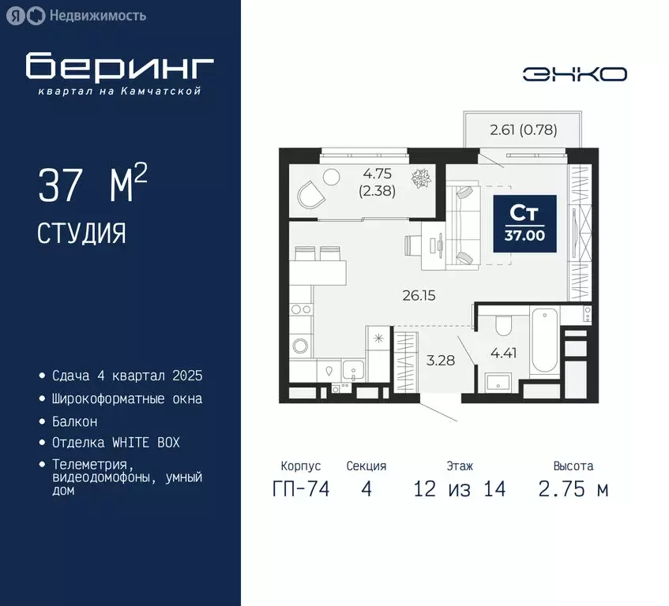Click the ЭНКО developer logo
[x=575, y=73]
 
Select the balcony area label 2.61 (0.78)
[x=524, y=130]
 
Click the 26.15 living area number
[x=419, y=296]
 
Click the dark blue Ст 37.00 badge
[x=525, y=223]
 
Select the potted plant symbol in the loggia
[x=421, y=177]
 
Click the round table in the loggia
[x=331, y=176]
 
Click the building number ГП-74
[x=301, y=489]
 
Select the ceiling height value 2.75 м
[x=573, y=489]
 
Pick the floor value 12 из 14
[x=459, y=489]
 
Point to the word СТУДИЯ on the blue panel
[x=81, y=233]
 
